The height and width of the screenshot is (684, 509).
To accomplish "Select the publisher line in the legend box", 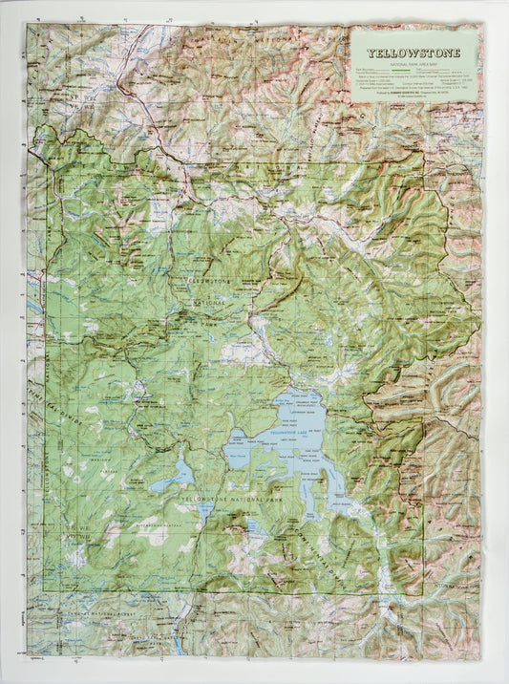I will pos(414,93).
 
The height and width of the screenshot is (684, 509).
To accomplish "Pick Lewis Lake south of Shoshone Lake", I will pos(204,510).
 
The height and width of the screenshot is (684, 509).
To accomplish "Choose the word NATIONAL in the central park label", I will pos(204,304).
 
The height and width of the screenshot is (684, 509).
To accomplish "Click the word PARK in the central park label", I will pos(209,324).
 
